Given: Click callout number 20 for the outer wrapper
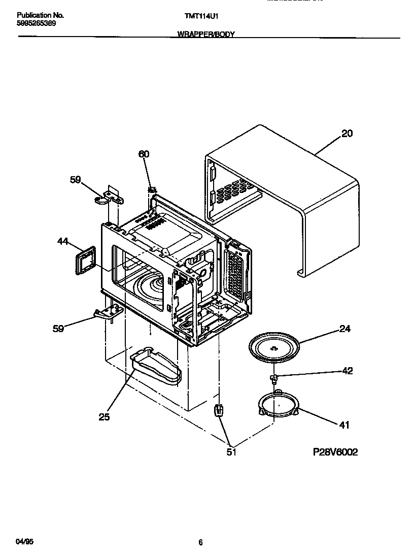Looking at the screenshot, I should (x=347, y=134).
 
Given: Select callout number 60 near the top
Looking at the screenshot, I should (x=144, y=154).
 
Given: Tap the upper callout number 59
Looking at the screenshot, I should (x=75, y=179).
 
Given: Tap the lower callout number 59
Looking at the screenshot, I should (x=58, y=329).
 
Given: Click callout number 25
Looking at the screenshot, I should (x=104, y=417).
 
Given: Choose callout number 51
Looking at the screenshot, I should (x=231, y=451).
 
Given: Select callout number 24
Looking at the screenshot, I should (x=345, y=329).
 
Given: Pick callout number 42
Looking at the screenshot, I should (x=347, y=371).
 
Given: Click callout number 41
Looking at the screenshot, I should (x=344, y=425).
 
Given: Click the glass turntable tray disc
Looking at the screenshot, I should (x=273, y=347).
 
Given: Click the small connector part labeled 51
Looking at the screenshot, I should (x=219, y=410).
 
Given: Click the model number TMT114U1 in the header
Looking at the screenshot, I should (x=201, y=16).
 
